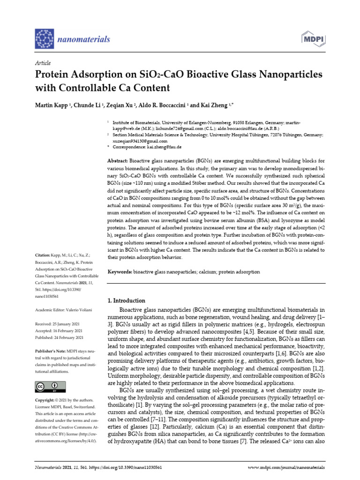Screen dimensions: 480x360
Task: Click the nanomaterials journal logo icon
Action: tap(46, 39)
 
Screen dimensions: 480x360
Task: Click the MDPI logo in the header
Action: tap(314, 39)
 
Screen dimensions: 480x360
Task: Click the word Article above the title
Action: tap(43, 63)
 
